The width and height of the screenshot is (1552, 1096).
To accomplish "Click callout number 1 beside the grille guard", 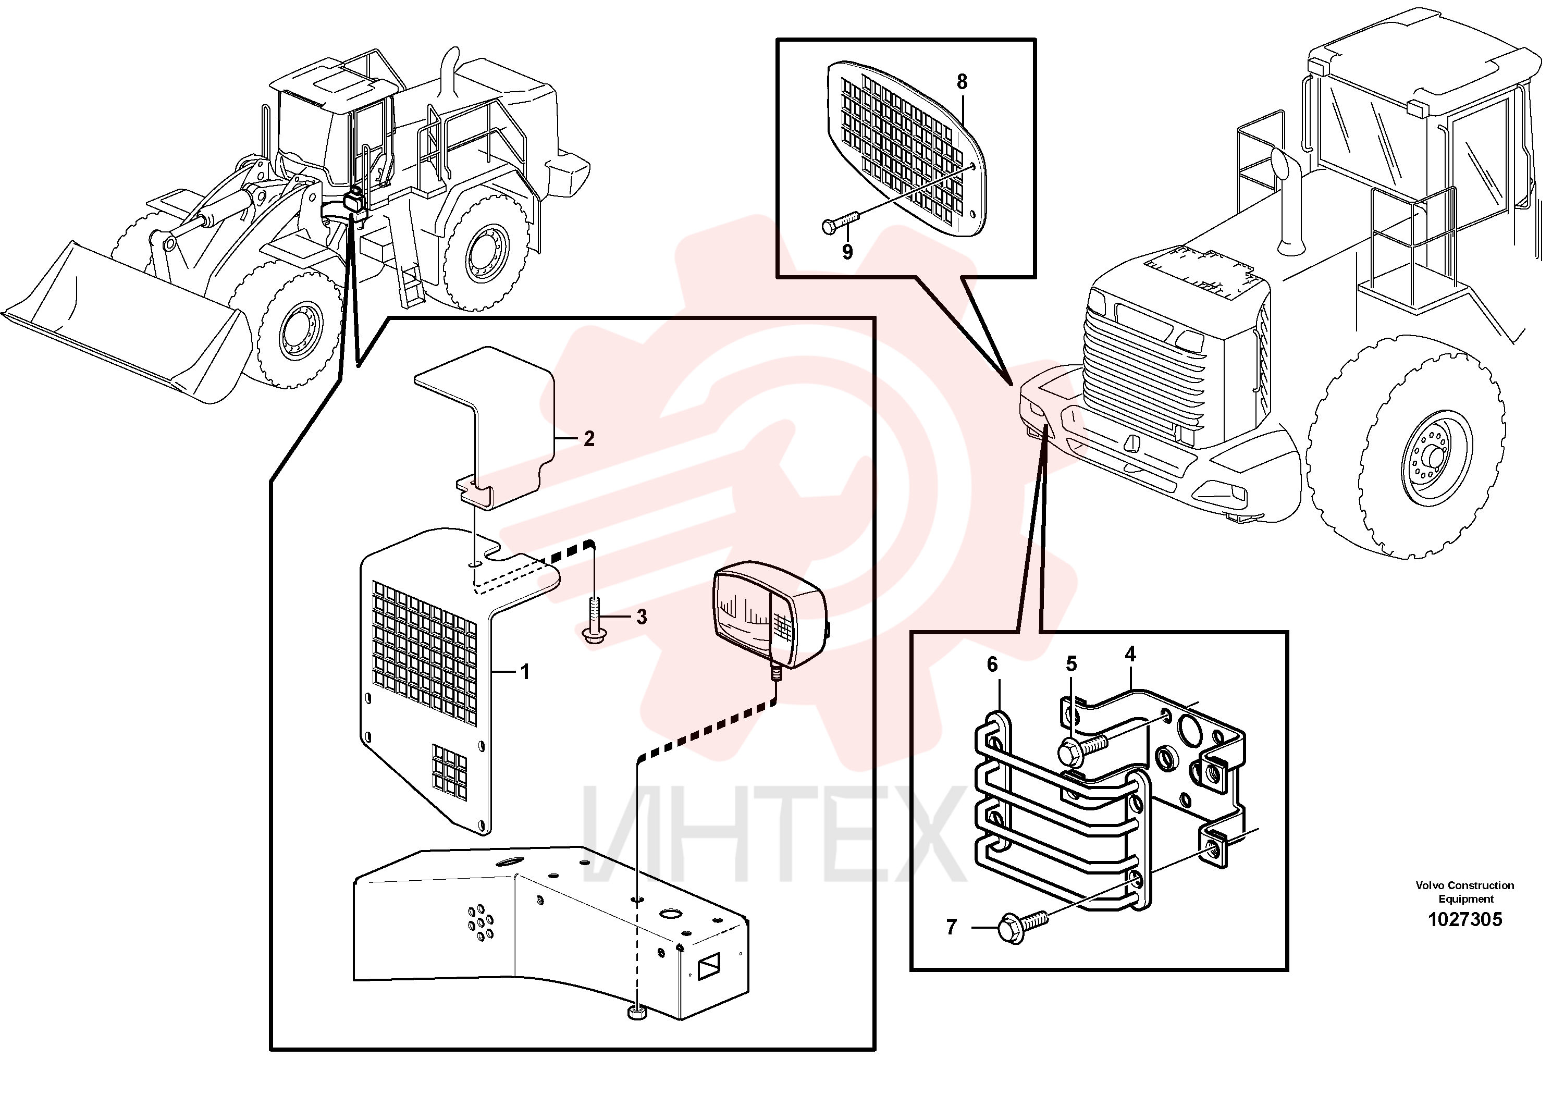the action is click(525, 672).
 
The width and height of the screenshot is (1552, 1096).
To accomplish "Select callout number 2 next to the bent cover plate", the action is click(589, 439).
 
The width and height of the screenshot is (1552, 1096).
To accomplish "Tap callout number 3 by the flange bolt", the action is click(642, 617).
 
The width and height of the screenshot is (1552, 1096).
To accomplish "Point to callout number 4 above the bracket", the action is click(1130, 654).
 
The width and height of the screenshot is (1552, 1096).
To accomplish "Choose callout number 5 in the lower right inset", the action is click(1071, 664).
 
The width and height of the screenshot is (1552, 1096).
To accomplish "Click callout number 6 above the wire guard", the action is click(992, 664).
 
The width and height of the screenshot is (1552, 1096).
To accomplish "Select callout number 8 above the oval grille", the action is click(962, 82).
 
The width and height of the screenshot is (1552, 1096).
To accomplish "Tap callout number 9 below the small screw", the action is click(847, 252).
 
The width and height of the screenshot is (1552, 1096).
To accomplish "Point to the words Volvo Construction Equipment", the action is click(1465, 892).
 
